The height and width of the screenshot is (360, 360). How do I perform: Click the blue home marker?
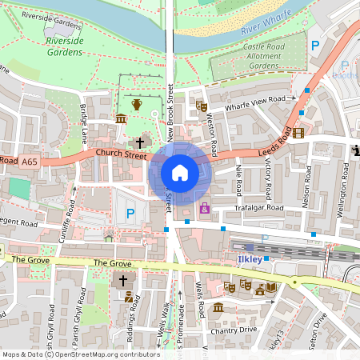pyautogui.click(x=180, y=173)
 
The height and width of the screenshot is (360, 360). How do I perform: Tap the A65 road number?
pyautogui.click(x=30, y=162)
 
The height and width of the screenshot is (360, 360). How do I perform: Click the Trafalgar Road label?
pyautogui.click(x=259, y=208)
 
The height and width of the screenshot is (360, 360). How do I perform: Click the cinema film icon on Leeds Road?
pyautogui.click(x=298, y=133)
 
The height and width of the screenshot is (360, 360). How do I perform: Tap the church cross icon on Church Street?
pyautogui.click(x=140, y=142)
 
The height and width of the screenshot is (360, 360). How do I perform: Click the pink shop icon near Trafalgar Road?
pyautogui.click(x=205, y=209)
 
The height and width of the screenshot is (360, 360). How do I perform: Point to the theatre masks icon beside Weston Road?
pyautogui.click(x=202, y=106)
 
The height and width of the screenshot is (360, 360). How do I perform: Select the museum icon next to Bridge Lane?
pyautogui.click(x=121, y=119)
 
